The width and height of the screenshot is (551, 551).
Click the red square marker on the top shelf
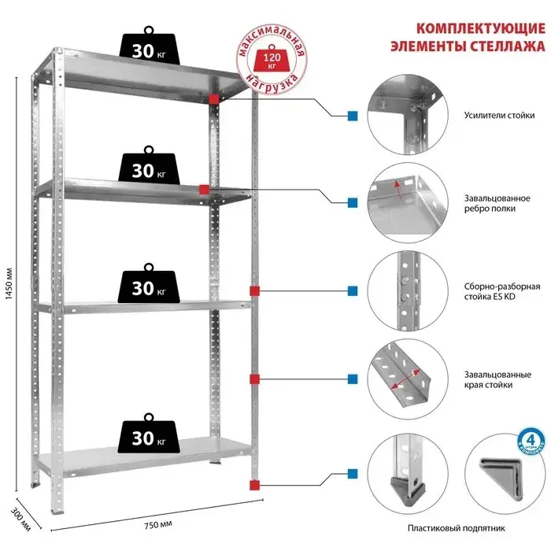click(x=213, y=98)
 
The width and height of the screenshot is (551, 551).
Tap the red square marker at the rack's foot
click(x=253, y=483)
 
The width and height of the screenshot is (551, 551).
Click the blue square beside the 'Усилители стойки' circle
click(x=353, y=116)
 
